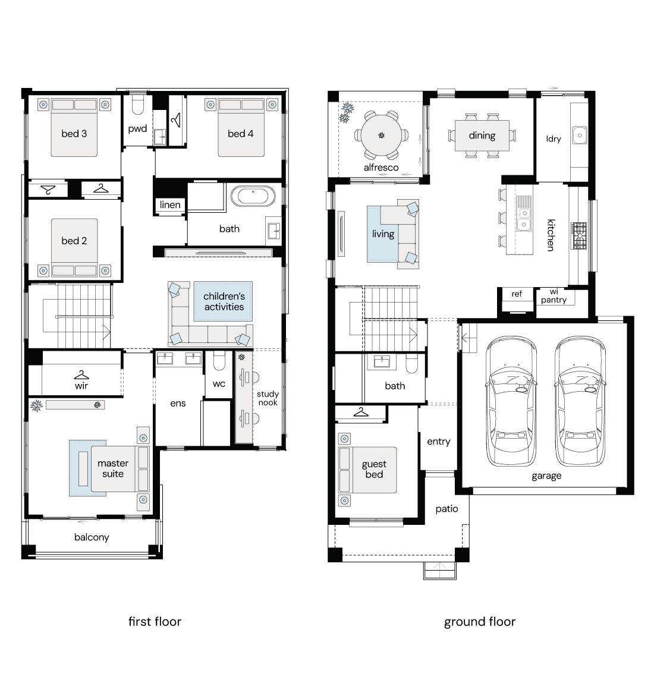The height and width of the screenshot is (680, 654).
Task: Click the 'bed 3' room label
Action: [74, 134]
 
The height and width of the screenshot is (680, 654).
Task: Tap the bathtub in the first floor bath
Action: [253, 196]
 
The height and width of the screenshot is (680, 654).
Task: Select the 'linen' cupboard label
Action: [170, 204]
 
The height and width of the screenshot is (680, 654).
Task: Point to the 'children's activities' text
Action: [224, 301]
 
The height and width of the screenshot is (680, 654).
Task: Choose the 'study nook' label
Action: [268, 398]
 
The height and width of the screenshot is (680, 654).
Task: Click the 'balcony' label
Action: [92, 537]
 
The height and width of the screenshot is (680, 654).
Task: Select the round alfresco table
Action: [382, 136]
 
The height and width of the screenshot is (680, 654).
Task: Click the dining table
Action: [482, 136]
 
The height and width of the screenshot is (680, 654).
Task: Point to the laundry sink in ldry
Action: [580, 136]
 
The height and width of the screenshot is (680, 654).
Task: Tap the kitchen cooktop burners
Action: [578, 235]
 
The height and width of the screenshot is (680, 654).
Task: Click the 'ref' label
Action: [517, 294]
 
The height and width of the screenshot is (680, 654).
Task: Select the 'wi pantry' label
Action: [554, 296]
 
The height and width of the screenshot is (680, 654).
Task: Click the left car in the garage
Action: [511, 401]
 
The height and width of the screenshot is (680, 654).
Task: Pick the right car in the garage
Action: [580, 401]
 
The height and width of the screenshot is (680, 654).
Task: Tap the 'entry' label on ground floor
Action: [438, 442]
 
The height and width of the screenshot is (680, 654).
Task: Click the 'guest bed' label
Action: [374, 469]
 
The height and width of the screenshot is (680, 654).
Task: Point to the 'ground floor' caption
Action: [480, 622]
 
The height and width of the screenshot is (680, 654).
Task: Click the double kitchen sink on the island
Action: [524, 219]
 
